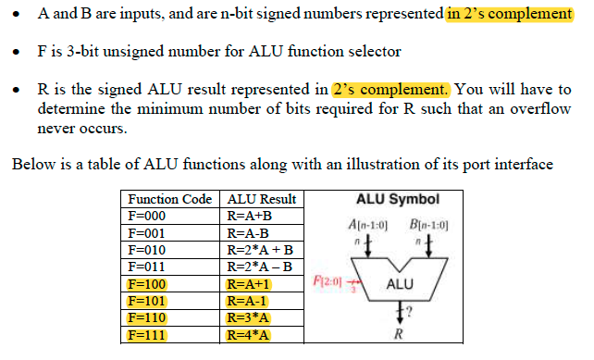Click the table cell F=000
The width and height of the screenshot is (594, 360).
[148, 215]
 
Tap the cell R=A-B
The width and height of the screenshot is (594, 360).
[247, 232]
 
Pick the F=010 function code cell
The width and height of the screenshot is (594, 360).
[148, 249]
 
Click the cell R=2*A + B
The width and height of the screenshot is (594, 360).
[260, 249]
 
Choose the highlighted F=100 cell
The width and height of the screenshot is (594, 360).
[149, 284]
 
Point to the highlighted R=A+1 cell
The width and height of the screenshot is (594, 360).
[247, 284]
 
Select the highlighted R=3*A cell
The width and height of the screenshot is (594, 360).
[248, 317]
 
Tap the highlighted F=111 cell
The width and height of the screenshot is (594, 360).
[148, 334]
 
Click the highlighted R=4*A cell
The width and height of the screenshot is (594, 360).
[248, 334]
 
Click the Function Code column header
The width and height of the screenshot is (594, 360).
[170, 199]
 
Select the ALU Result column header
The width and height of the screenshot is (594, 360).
[262, 199]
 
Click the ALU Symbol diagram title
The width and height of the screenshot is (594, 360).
[397, 199]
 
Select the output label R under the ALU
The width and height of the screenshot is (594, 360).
[399, 335]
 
